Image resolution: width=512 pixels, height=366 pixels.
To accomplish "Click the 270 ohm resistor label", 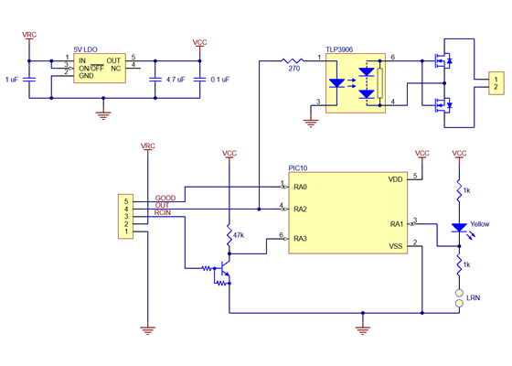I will (293, 69).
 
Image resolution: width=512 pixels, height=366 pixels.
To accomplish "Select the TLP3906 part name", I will (340, 49).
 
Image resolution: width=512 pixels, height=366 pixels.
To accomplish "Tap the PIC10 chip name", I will (298, 167).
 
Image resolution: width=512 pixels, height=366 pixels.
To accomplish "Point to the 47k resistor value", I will (239, 235).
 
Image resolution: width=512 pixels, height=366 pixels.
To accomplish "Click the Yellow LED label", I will (479, 225).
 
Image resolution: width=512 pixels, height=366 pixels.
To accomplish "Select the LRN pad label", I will (473, 298).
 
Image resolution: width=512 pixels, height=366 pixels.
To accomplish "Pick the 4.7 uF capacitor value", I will (169, 80).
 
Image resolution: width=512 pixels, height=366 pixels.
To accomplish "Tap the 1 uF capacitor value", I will (12, 80).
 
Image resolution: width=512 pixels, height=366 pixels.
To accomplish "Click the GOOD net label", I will (165, 198).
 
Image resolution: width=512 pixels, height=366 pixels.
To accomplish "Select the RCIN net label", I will (165, 213).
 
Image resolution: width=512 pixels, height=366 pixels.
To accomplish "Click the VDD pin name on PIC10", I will (395, 179).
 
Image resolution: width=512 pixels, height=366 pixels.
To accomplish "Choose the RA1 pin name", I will (396, 223).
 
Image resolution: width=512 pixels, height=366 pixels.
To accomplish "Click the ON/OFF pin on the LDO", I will (91, 68).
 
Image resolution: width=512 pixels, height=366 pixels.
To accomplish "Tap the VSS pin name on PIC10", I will (395, 246).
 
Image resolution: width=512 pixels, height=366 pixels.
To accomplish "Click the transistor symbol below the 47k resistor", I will (222, 270).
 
